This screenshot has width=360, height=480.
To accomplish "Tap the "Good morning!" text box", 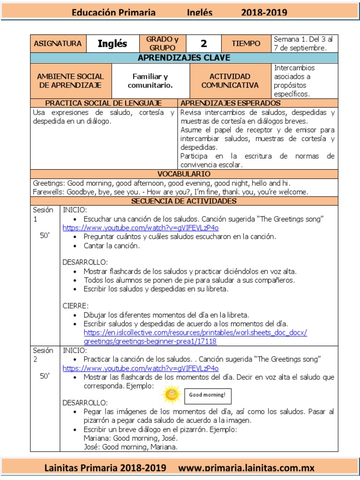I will click(x=207, y=395).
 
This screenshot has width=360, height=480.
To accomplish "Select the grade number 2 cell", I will click(x=203, y=44).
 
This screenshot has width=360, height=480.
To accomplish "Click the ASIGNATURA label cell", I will click(x=58, y=44).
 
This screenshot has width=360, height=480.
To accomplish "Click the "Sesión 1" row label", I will click(x=43, y=214).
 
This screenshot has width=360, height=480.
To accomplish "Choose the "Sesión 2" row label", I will click(x=43, y=355).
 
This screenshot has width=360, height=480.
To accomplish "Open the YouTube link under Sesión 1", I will click(x=141, y=228).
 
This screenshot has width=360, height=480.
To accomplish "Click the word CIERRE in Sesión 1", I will click(x=75, y=306).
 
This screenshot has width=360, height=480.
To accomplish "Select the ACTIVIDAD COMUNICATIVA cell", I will click(x=230, y=81).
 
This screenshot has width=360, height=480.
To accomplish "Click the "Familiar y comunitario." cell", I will click(x=150, y=81).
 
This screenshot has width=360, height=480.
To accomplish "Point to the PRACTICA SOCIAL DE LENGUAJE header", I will click(x=104, y=103).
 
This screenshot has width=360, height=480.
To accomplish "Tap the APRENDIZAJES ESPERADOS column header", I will click(x=230, y=103).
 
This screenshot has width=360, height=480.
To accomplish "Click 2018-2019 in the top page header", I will click(x=264, y=13).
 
